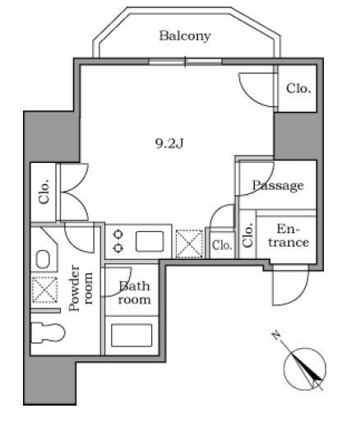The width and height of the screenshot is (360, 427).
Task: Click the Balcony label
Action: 185,36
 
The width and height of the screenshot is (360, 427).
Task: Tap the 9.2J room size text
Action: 169,143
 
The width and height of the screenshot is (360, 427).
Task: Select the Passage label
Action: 278,186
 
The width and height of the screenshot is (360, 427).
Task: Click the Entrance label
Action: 288,235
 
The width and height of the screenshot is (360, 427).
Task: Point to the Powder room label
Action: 81,288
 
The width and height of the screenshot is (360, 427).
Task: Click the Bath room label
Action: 134,293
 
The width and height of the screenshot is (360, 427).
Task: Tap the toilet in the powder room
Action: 48,332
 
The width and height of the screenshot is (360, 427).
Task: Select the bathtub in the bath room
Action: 132,335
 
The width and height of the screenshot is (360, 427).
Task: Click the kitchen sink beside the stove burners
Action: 150,241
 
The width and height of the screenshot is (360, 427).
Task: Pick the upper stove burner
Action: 118,234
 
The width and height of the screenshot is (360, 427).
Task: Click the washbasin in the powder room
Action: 43,259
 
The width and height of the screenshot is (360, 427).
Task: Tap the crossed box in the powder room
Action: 44,290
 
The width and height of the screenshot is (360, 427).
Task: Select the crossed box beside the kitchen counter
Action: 190,244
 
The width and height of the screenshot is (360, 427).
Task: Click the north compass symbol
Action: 305,369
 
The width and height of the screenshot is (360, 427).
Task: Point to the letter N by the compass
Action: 276,335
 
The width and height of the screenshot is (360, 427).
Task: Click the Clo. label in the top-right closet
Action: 298,89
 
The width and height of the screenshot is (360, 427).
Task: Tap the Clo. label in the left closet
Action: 44,192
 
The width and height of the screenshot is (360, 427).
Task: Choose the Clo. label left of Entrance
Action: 247,235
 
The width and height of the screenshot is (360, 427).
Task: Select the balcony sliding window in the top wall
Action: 185,62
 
